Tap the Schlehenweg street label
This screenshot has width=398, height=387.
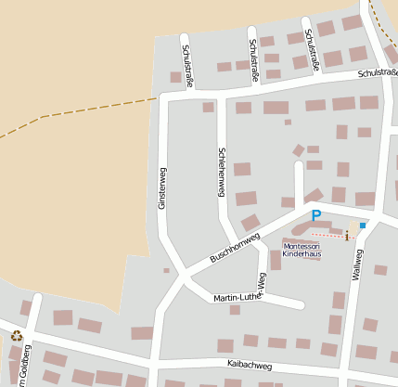[221, 172]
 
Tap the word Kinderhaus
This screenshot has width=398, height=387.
[302, 253]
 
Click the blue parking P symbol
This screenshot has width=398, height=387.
[315, 215]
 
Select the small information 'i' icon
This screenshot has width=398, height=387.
[347, 235]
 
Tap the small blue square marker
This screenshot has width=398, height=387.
[363, 226]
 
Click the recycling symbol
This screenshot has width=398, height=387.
[16, 336]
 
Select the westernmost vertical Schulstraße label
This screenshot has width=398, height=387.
[187, 62]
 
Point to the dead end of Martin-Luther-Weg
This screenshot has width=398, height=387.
[300, 304]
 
